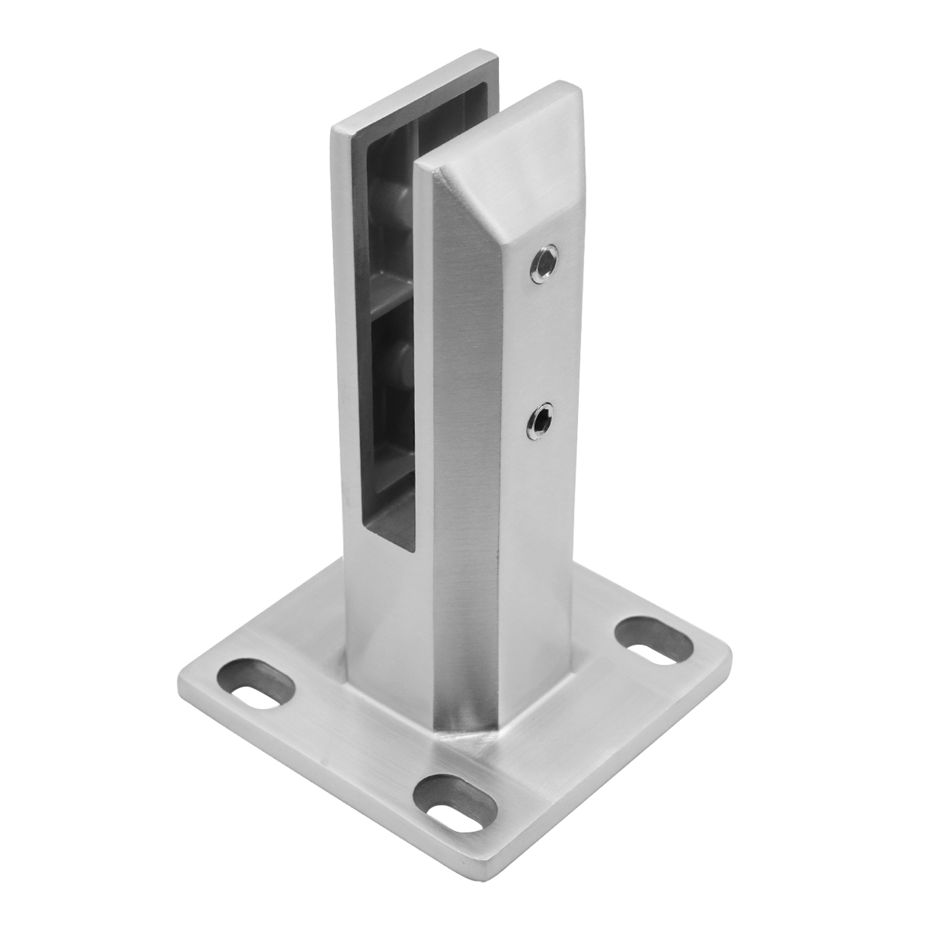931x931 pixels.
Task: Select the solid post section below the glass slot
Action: [x=388, y=613]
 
